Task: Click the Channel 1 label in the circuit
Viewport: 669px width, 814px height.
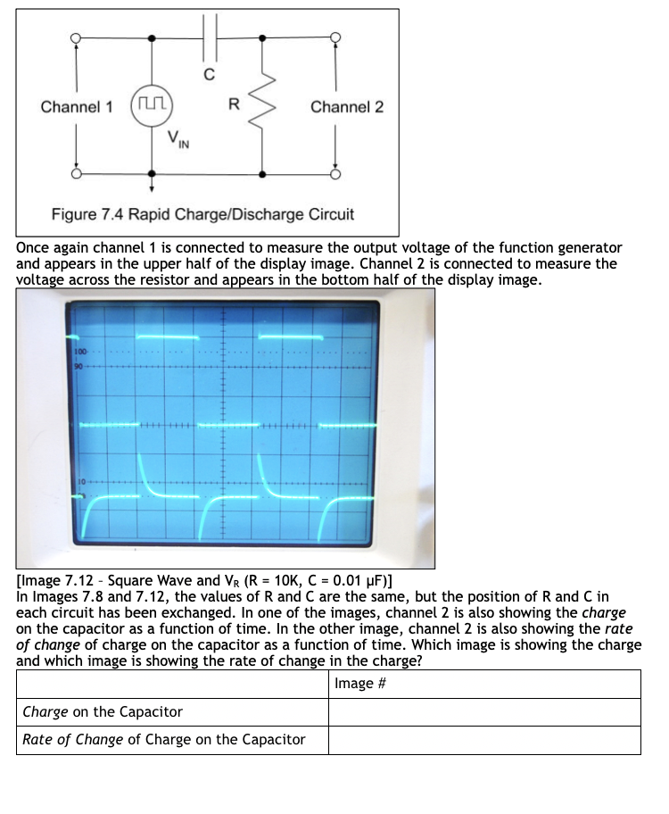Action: click(x=77, y=107)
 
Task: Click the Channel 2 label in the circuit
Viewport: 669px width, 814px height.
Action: click(x=347, y=107)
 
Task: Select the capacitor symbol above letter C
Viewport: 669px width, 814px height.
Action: click(x=209, y=37)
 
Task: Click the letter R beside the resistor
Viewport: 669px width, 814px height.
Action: click(x=234, y=105)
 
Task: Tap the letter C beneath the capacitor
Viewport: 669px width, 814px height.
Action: click(x=209, y=75)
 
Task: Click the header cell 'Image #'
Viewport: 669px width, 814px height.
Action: click(x=360, y=684)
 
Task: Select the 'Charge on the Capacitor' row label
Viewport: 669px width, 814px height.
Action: click(x=102, y=712)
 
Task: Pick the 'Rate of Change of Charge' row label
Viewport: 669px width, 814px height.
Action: click(x=163, y=740)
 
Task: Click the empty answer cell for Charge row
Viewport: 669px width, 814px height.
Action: click(x=484, y=712)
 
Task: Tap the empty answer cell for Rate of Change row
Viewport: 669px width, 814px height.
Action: click(x=484, y=740)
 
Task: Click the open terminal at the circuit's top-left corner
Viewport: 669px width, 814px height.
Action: click(x=77, y=37)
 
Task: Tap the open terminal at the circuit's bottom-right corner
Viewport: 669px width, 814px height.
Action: click(x=335, y=175)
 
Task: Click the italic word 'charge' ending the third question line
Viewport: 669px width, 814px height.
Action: click(x=604, y=613)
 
